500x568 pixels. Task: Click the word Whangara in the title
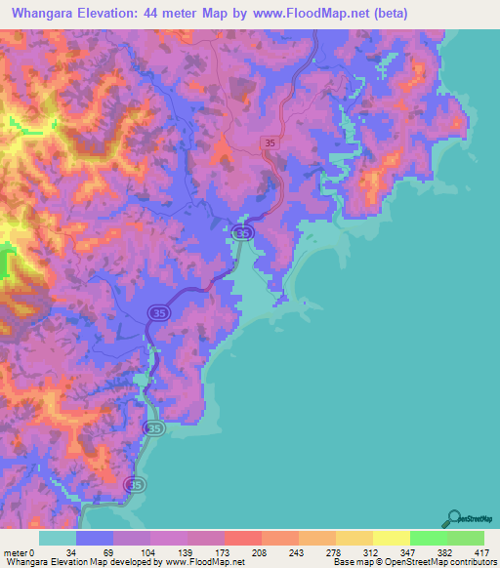click(x=50, y=14)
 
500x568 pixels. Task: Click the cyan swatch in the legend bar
click(x=58, y=539)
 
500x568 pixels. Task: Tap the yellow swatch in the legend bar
click(x=392, y=539)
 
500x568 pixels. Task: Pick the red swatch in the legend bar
click(x=242, y=539)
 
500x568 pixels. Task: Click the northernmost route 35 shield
click(x=269, y=143)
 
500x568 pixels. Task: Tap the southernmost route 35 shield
click(x=135, y=484)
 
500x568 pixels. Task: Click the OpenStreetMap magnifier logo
click(x=455, y=518)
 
